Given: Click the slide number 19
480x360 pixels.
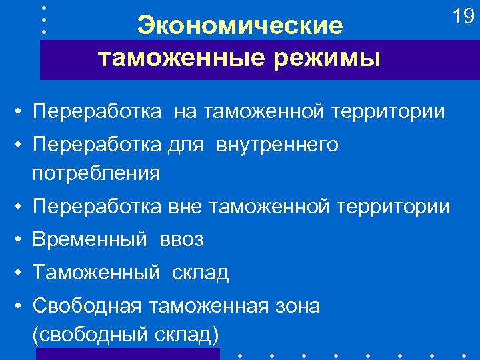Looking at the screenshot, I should pos(463,17).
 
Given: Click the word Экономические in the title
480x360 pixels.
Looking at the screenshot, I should pos(240,26).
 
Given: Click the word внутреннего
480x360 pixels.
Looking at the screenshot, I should pos(277,145).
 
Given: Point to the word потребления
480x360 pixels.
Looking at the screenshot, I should pos(96,173).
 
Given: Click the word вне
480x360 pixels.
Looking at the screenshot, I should pos(185,207).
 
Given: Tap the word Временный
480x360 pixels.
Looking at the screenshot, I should pos(89,239).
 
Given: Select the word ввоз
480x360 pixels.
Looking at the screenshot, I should pos(181,239).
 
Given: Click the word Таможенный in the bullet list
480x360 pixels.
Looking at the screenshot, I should pos(96,272).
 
